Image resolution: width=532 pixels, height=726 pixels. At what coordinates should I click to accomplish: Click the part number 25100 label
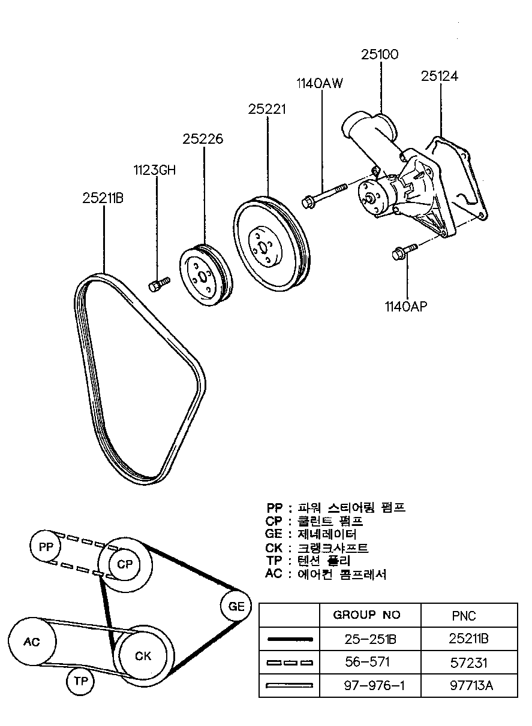tap(380, 55)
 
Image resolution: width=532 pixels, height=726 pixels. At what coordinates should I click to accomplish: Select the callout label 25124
tap(440, 76)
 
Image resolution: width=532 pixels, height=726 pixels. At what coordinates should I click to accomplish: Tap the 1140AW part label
tap(320, 83)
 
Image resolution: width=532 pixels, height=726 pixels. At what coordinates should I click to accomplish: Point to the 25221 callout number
tap(267, 110)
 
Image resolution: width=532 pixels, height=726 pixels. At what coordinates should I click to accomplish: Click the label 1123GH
tap(155, 170)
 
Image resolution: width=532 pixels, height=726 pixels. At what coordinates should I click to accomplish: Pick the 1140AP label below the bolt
tap(406, 306)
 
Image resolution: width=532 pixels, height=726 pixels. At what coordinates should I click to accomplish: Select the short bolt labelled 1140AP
tap(404, 252)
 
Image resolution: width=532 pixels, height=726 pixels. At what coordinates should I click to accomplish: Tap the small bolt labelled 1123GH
tap(159, 284)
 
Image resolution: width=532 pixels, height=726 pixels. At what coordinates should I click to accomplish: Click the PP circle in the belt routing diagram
tap(46, 547)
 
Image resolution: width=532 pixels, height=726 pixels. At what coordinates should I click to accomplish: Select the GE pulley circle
tap(236, 606)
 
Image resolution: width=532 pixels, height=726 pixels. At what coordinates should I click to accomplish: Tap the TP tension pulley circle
tap(80, 682)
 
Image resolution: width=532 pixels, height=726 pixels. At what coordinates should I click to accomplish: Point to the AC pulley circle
tap(32, 642)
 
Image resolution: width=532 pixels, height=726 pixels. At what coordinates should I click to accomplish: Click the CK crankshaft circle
tap(143, 656)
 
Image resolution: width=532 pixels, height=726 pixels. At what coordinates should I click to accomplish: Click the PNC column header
tap(464, 616)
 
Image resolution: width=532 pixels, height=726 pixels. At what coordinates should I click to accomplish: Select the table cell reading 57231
tap(468, 663)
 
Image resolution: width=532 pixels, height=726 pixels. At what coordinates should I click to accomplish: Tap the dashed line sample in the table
tap(290, 663)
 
